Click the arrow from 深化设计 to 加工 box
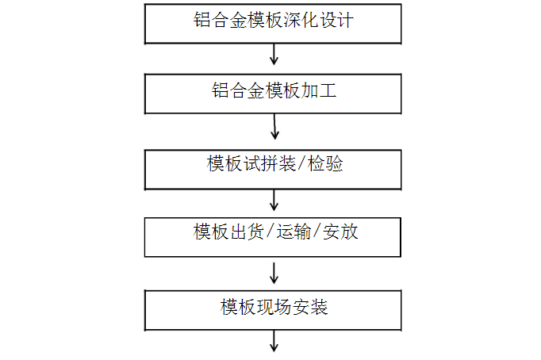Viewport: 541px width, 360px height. (x=274, y=55)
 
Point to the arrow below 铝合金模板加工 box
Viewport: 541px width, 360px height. (x=274, y=127)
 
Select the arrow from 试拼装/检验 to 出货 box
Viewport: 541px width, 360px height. (x=274, y=201)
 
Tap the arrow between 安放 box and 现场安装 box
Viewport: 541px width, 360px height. (x=274, y=273)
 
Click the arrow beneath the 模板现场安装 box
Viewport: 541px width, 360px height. (x=274, y=342)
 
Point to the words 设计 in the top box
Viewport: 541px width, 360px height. (x=336, y=20)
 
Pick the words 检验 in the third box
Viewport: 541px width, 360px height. (x=325, y=163)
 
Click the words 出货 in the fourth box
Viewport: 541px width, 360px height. (x=247, y=232)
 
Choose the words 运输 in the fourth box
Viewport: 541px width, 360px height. (x=294, y=232)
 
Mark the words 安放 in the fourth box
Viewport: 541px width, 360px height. (x=340, y=232)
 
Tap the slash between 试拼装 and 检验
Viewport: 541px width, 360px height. (x=301, y=163)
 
